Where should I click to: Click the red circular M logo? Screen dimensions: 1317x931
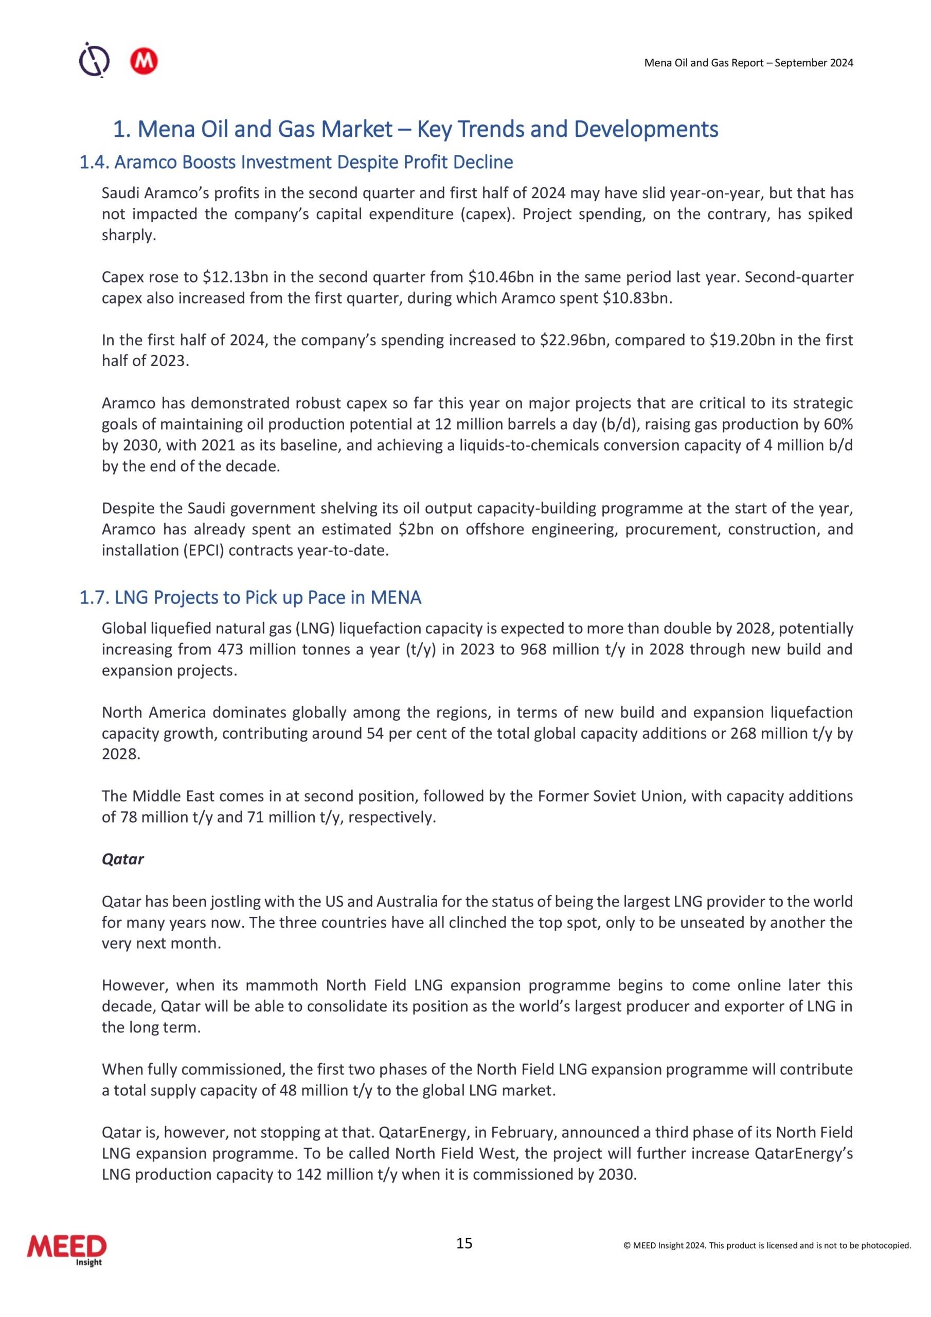click(x=144, y=62)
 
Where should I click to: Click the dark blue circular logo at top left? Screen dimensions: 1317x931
click(x=94, y=60)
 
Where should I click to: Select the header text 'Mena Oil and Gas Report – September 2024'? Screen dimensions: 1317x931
click(x=748, y=63)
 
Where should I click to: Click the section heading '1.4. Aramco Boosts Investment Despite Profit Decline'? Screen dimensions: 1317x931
click(x=296, y=163)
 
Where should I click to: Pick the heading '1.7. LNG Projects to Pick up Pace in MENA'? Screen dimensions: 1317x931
click(x=250, y=598)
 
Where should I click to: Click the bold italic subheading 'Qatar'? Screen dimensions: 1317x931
click(x=122, y=859)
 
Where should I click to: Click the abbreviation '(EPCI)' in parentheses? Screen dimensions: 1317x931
click(x=204, y=550)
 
